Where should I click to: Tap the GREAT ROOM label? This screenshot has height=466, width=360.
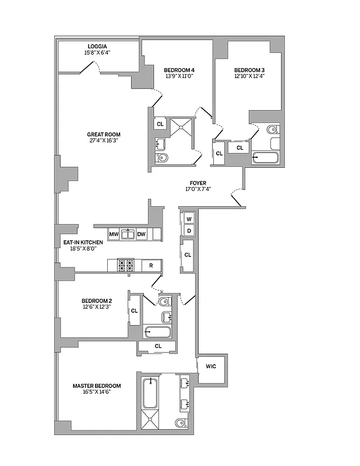tap(105, 134)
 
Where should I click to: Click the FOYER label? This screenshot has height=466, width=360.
tap(197, 182)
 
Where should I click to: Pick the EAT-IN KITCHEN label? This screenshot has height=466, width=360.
tap(83, 242)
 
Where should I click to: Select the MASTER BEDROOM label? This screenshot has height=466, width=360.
tap(97, 386)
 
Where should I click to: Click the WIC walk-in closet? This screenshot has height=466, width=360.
tap(211, 366)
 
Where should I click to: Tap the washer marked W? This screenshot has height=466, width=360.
tap(189, 219)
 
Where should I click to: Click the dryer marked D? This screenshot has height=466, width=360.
tap(189, 231)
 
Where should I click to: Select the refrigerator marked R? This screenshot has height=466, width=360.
tap(151, 265)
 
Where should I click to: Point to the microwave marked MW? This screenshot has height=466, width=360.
tap(114, 234)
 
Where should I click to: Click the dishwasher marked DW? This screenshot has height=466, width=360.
tap(142, 234)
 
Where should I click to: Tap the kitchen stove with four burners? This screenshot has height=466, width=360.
tap(126, 265)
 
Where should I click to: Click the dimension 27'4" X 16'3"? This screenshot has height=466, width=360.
tap(105, 140)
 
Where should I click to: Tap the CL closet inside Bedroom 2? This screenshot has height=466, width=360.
tap(134, 310)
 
